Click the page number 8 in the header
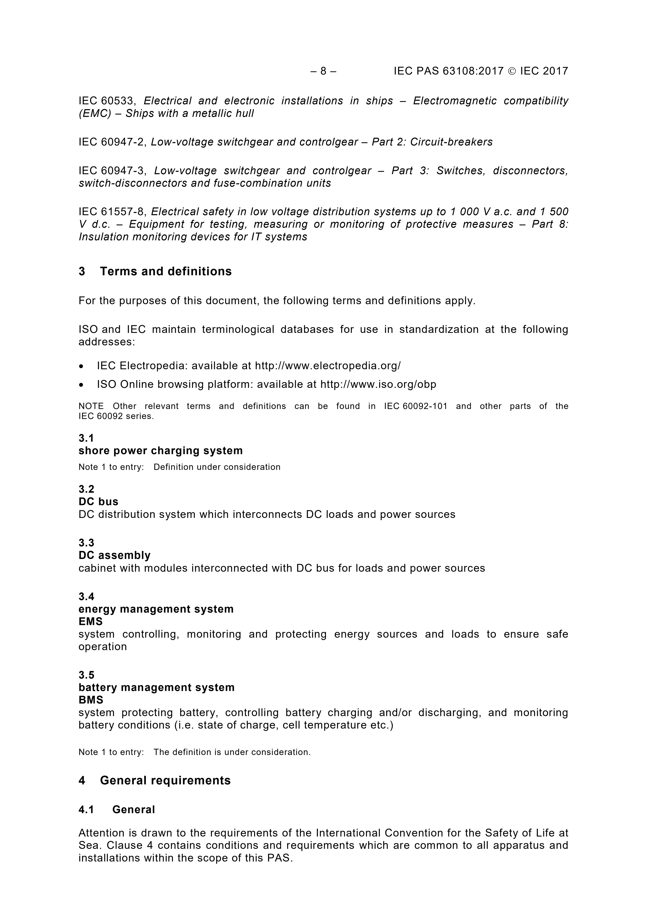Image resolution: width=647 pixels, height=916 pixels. pyautogui.click(x=323, y=71)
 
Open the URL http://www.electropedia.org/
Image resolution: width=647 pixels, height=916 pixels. pyautogui.click(x=328, y=366)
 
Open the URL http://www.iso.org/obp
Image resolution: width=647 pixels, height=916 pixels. pyautogui.click(x=378, y=384)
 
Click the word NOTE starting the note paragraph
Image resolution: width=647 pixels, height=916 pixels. pyautogui.click(x=91, y=406)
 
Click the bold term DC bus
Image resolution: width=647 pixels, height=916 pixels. pyautogui.click(x=99, y=501)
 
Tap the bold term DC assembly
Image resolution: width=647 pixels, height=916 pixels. pyautogui.click(x=114, y=555)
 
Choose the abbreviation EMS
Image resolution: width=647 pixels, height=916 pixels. pyautogui.click(x=90, y=622)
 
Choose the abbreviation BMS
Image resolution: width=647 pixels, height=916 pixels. pyautogui.click(x=91, y=700)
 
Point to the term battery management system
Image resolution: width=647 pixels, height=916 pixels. pyautogui.click(x=157, y=687)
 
